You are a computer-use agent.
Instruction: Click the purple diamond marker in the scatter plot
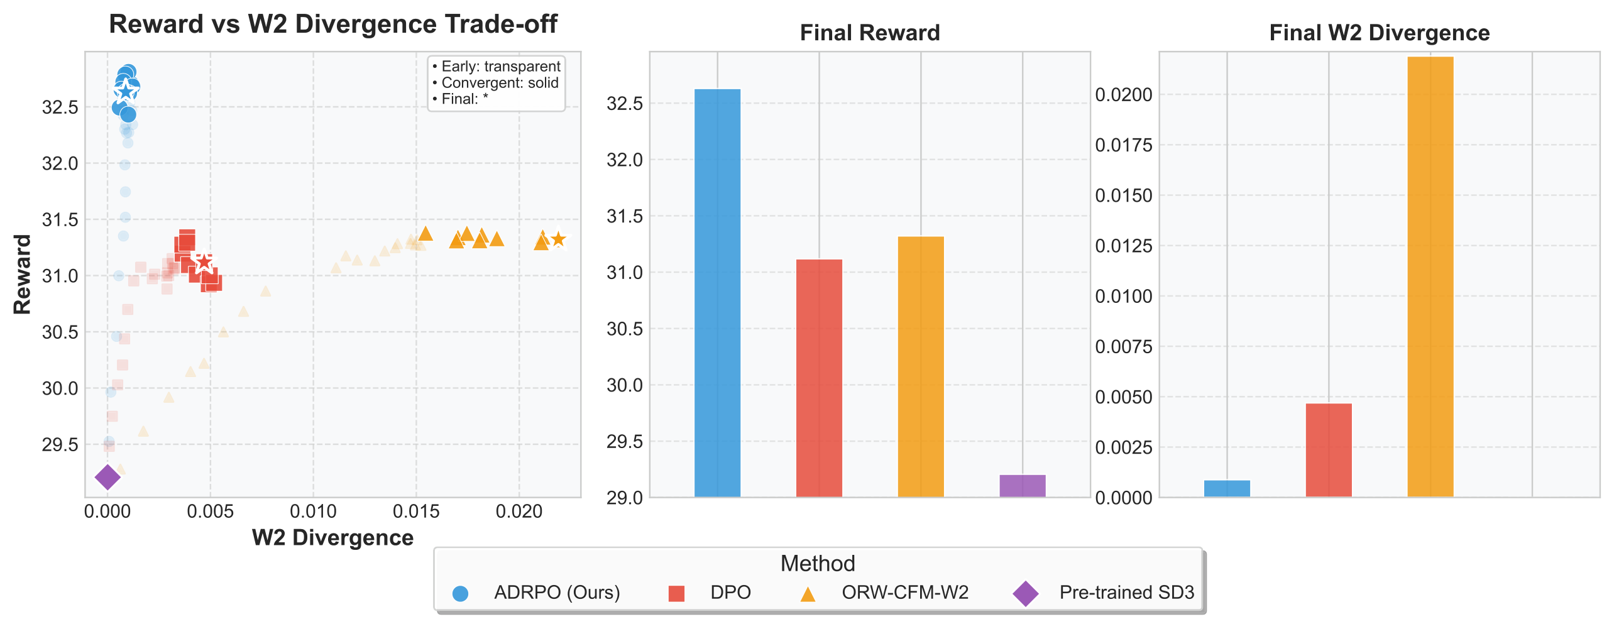pos(107,477)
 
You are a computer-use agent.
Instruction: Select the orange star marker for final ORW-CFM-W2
pos(558,239)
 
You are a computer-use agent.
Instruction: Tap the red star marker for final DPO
pos(204,263)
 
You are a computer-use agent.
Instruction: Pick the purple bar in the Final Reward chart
pos(1023,486)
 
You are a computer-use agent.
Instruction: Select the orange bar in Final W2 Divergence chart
pos(1430,276)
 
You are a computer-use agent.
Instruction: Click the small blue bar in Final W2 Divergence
pos(1227,488)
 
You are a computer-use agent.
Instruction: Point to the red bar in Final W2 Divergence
pos(1329,450)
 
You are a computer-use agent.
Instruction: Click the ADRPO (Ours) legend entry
pos(557,593)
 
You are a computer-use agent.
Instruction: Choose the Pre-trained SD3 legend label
pos(1126,593)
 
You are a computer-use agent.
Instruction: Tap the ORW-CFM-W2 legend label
pos(905,593)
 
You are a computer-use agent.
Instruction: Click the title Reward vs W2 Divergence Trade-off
pos(333,25)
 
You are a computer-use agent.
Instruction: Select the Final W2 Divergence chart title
pos(1380,33)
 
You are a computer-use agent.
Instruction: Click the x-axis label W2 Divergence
pos(332,538)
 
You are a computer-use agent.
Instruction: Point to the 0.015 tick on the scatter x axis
pos(416,512)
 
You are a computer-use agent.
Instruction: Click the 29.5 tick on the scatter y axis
pos(60,445)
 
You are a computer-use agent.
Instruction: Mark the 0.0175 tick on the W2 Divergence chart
pos(1124,145)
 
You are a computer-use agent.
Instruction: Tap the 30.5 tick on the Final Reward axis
pos(625,329)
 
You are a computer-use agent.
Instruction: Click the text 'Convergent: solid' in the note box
pos(500,83)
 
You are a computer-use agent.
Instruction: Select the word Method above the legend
pos(818,564)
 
